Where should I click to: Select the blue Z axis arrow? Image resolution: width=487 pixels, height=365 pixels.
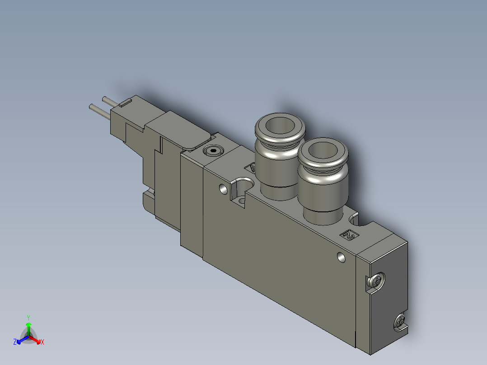21,339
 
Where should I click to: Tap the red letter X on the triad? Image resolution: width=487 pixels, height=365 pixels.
42,342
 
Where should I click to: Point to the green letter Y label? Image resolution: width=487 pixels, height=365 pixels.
28,317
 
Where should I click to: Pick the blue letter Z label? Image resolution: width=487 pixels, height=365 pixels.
15,342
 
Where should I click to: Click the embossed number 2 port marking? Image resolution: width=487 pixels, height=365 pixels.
349,234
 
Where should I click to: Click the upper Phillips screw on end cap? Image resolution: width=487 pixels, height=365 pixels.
376,281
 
